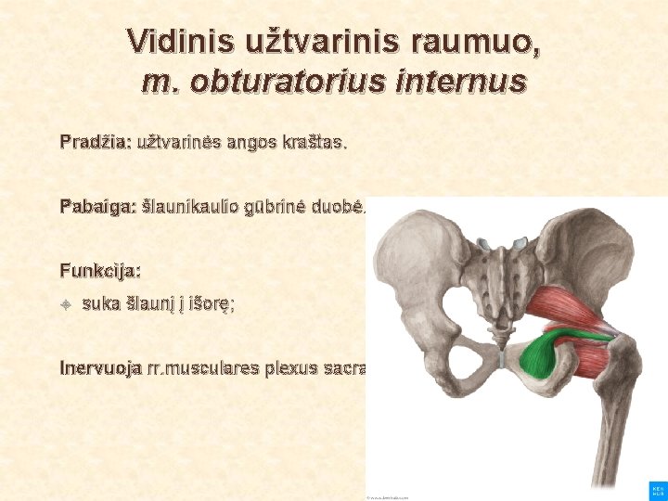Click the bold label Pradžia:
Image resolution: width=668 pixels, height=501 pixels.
click(96, 144)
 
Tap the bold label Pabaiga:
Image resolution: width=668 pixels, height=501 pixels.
click(98, 205)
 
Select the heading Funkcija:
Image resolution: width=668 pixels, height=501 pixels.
click(100, 272)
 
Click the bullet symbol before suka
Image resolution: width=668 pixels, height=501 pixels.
click(66, 304)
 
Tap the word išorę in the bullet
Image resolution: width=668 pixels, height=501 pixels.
click(211, 304)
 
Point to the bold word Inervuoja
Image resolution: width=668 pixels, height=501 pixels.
click(100, 367)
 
